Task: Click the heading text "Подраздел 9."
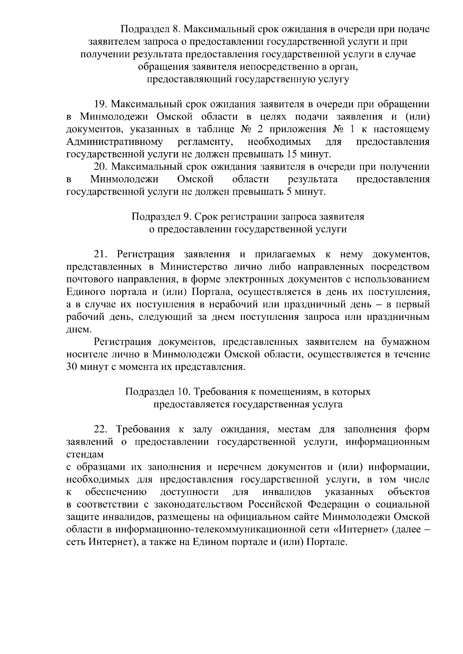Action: click(x=161, y=217)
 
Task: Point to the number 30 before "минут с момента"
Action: click(x=73, y=367)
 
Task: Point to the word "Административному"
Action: click(x=114, y=142)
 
